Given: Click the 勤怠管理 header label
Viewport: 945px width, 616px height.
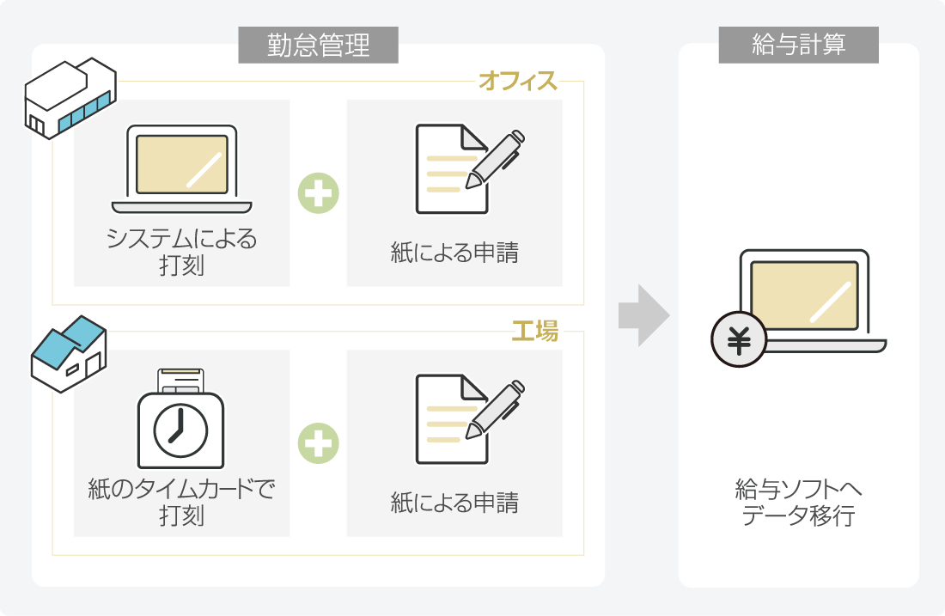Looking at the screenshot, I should point(318,46).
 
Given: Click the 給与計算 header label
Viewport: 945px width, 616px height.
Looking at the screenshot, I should point(798,46).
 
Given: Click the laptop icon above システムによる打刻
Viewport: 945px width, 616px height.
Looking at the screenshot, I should point(182,169).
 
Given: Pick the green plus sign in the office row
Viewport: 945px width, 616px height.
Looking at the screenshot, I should point(319,193).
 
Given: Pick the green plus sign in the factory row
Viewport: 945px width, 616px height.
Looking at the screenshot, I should point(319,443).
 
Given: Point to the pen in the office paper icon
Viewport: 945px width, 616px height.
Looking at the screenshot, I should point(495,160).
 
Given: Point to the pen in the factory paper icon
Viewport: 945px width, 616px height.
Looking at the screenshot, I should point(495,410).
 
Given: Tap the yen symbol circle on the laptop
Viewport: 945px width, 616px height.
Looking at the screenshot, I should point(738,340).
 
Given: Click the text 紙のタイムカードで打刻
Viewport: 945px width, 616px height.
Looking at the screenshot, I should point(181,503).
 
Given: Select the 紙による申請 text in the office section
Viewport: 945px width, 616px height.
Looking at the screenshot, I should point(454,253).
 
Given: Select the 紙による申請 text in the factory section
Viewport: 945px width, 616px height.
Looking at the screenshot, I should point(454,503).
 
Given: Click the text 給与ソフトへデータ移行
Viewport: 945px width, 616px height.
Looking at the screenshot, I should point(798,503).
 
